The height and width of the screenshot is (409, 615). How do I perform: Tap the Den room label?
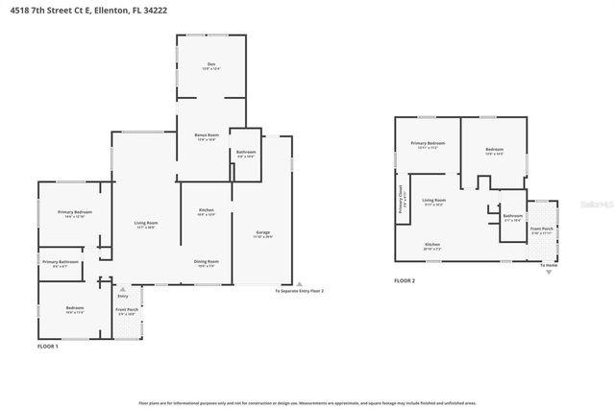[x=210, y=66]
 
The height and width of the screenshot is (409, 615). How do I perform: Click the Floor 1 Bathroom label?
[x=245, y=153]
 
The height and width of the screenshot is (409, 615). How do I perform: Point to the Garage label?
[x=263, y=233]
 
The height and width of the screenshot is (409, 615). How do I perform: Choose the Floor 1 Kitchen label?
[x=206, y=211]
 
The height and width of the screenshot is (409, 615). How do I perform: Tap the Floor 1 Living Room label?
[x=146, y=225]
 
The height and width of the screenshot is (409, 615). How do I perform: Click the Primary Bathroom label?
[x=60, y=262]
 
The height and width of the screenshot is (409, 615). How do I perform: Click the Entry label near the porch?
[x=122, y=296]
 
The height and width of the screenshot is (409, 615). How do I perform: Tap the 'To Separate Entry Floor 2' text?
[x=299, y=290]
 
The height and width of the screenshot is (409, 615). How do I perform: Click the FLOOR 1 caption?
[x=48, y=346]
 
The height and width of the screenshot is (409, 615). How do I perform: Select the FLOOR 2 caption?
[x=405, y=281]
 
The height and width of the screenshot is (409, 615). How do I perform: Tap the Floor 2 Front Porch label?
[x=542, y=229]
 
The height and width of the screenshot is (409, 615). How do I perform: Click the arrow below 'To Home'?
[x=549, y=273]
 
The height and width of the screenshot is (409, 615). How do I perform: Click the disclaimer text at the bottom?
[x=307, y=403]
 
